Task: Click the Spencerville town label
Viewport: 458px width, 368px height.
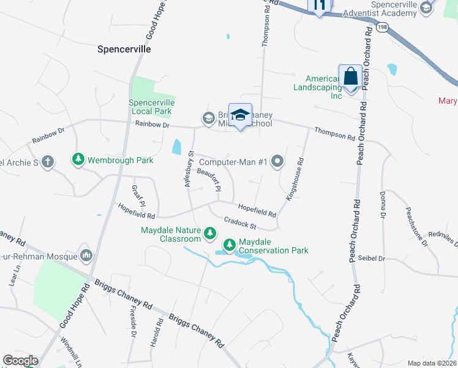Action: (x=124, y=48)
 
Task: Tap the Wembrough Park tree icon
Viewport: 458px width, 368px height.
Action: (x=78, y=159)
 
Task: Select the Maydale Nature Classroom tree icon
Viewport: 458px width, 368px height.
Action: (x=210, y=232)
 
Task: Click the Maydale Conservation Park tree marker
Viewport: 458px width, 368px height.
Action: (x=230, y=245)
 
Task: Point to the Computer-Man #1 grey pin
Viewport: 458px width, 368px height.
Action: (x=277, y=162)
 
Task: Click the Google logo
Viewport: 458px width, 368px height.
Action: (x=20, y=361)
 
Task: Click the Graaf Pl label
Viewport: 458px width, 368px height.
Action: (x=138, y=196)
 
